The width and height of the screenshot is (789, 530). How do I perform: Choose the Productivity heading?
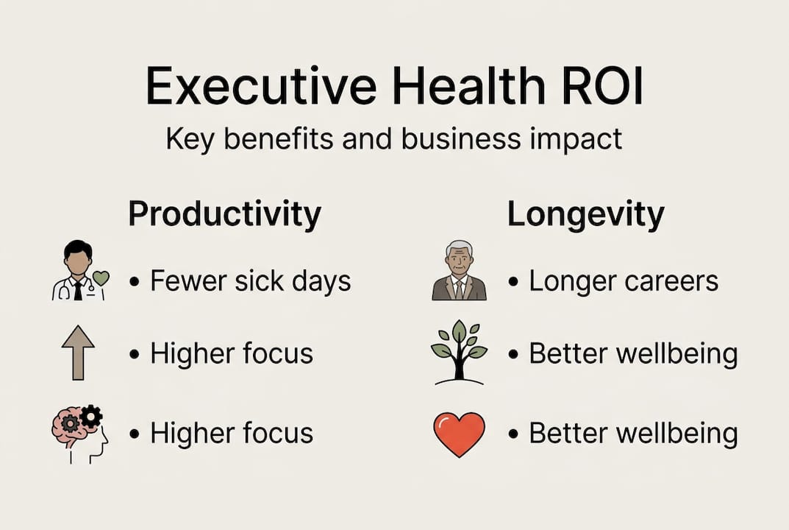tap(224, 214)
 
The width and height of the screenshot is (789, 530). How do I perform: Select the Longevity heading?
tap(585, 214)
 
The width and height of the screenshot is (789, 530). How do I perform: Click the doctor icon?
tap(76, 271)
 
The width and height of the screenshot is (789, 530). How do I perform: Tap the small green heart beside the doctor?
tap(101, 278)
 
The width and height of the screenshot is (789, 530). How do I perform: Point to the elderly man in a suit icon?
tap(459, 270)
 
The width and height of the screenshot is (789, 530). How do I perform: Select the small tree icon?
tap(459, 352)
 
